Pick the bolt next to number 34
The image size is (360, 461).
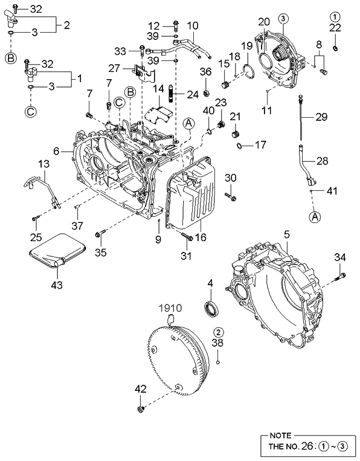pos(339,277)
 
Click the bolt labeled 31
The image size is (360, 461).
pos(186,239)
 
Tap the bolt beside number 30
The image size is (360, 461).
pos(231,196)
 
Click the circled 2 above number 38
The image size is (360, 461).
pos(218,332)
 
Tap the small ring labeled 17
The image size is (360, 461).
pos(241,145)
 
